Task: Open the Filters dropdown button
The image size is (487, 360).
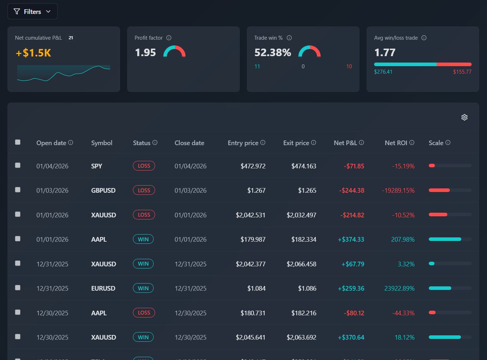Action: (32, 11)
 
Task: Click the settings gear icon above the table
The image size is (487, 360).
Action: (464, 117)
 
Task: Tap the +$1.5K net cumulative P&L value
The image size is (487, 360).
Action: (33, 53)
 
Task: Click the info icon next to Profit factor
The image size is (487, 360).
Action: (169, 38)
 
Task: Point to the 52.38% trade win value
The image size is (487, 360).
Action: (273, 53)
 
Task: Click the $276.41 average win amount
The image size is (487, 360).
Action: (383, 72)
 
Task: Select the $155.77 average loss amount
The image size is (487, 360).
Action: (462, 72)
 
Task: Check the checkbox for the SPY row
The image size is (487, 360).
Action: (18, 165)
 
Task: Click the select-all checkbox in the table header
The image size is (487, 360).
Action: (18, 142)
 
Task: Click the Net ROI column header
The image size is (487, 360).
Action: (396, 143)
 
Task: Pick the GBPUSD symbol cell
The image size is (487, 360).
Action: (103, 191)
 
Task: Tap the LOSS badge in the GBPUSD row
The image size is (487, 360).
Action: (144, 190)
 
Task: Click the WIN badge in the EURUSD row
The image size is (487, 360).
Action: (143, 288)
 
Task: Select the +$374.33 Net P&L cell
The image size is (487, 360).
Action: (351, 240)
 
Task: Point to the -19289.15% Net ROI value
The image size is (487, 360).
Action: (398, 191)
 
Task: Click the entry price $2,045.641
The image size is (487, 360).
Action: (250, 337)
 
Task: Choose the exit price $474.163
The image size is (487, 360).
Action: (304, 166)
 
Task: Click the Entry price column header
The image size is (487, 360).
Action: (243, 143)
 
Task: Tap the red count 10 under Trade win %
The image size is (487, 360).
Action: (349, 66)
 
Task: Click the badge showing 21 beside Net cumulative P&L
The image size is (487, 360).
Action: (71, 38)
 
